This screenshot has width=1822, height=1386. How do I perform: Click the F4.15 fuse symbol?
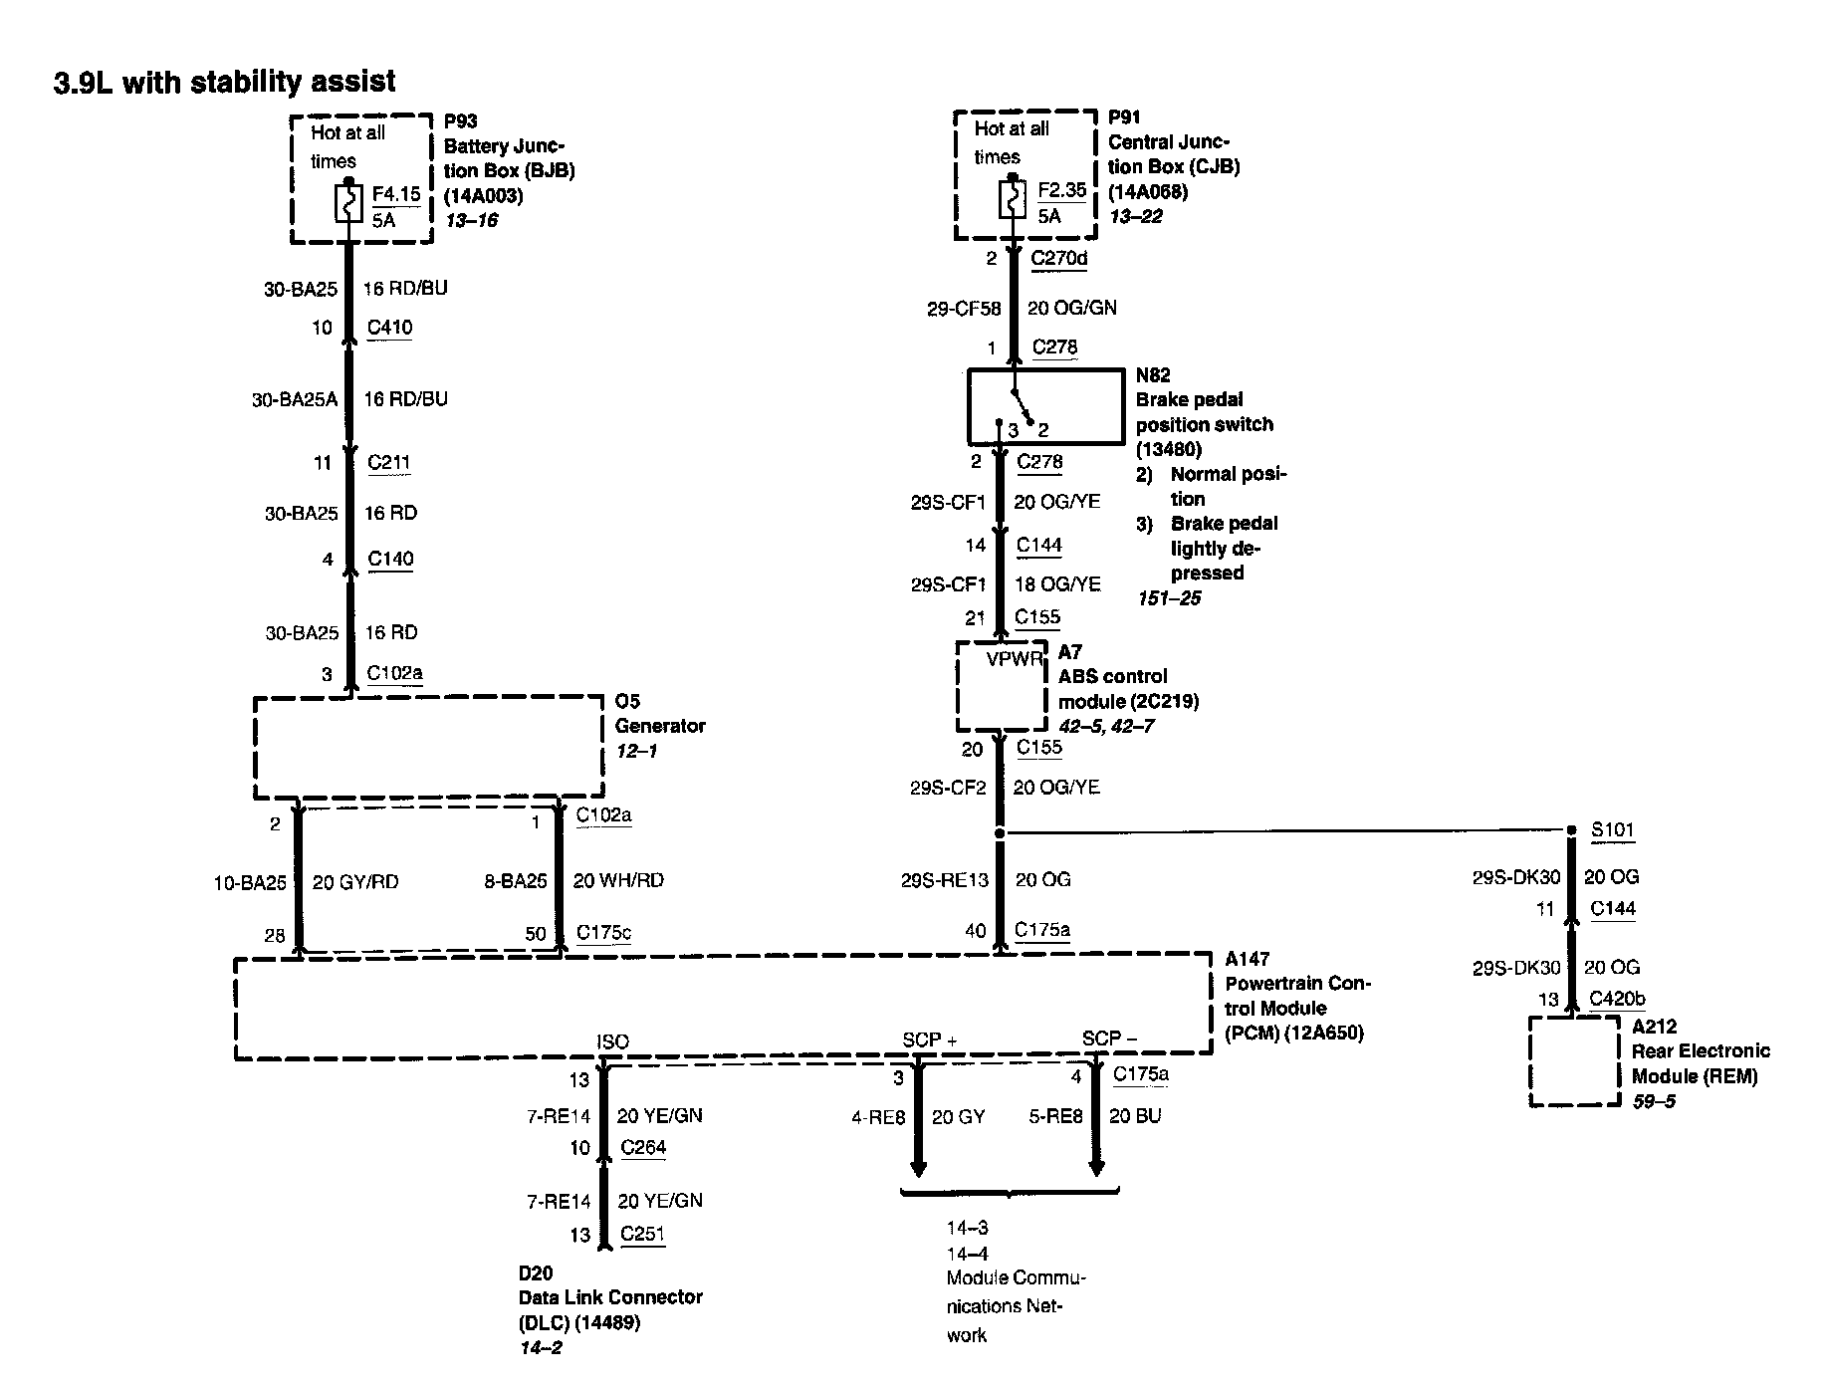(348, 204)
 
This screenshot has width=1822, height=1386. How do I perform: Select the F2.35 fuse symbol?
(1012, 200)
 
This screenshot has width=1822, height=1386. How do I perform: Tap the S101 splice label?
(1612, 830)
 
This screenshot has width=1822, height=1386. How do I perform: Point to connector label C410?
(389, 328)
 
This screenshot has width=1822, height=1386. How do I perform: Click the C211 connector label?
(388, 462)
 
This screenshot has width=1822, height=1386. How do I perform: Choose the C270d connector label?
(1058, 259)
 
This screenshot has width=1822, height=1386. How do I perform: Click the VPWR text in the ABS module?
(1014, 658)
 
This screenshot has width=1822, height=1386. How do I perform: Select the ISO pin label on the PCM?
(612, 1041)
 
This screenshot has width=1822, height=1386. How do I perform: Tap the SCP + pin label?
(929, 1039)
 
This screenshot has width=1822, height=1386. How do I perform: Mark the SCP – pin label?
(1109, 1039)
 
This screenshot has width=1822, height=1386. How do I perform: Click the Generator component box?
(429, 747)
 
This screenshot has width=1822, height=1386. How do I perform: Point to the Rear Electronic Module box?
(1574, 1061)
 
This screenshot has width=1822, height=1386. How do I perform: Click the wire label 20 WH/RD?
(618, 881)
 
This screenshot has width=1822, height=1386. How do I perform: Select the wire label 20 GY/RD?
(355, 882)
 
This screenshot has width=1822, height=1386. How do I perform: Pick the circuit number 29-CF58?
(963, 309)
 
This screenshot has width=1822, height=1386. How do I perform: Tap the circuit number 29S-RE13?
(945, 880)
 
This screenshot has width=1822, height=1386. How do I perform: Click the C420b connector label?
(1617, 999)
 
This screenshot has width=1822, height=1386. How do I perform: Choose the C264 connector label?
(643, 1147)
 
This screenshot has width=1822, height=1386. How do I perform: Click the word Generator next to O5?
(660, 726)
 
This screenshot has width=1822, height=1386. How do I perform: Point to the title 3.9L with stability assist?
(225, 82)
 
